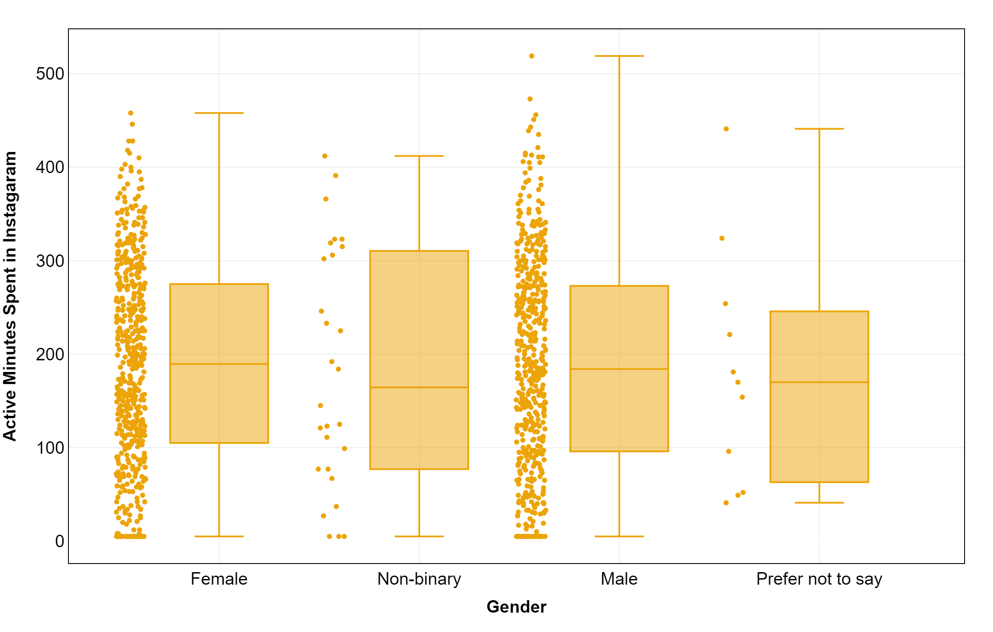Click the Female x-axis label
(x=219, y=579)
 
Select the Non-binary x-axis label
(x=419, y=579)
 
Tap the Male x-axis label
(x=619, y=579)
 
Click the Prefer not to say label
(x=819, y=579)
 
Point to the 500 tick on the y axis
(x=50, y=74)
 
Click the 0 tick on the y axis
(x=59, y=541)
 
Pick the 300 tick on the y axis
(x=50, y=261)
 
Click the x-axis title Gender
(x=516, y=607)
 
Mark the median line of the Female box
(x=219, y=364)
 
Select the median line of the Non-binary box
(x=419, y=387)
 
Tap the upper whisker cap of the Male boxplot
(x=619, y=56)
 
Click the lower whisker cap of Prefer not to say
(x=819, y=502)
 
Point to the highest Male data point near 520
(x=531, y=56)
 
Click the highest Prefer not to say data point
(x=726, y=129)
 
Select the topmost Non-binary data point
(x=325, y=156)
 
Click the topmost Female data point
(x=130, y=113)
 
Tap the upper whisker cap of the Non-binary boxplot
(x=419, y=156)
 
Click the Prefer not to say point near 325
(x=721, y=238)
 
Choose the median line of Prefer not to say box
(x=819, y=382)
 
